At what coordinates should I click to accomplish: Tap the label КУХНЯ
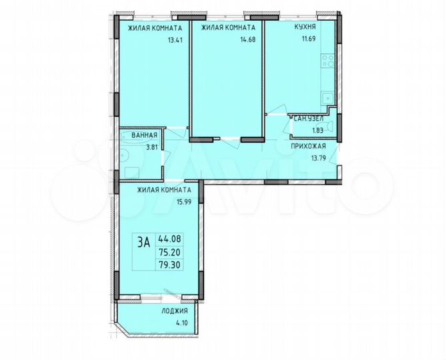305,28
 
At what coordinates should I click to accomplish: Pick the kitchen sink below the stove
327,98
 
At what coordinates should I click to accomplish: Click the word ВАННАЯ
144,135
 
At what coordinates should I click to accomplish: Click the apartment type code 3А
143,243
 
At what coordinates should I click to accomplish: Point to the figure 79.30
169,265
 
